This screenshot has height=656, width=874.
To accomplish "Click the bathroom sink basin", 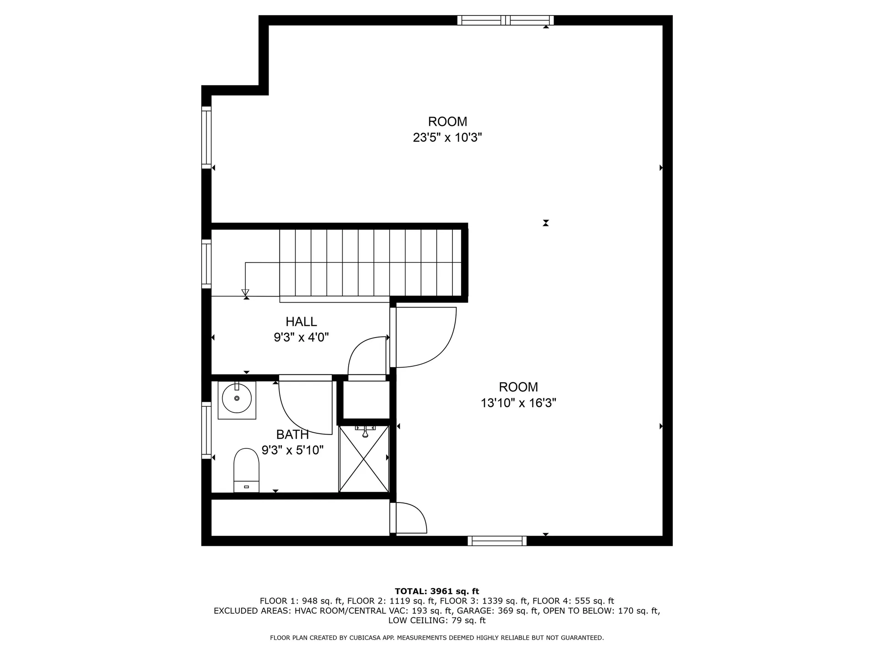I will coord(237,399).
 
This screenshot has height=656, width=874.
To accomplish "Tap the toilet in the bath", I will coord(246,469).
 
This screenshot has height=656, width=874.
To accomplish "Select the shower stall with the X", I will coord(364,459).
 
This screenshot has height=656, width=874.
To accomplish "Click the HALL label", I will coord(301,322).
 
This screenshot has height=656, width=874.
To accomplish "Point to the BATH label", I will coord(292,434).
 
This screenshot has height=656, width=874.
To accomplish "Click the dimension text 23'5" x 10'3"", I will coord(447,138).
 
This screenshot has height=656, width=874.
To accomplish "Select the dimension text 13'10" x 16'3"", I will coord(518,403).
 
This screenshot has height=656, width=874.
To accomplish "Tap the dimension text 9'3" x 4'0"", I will coord(301,338).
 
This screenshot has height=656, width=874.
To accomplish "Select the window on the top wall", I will coord(505,20).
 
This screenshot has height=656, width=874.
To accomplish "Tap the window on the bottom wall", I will coord(497,541).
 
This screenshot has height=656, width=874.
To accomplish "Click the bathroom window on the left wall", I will coord(206,430).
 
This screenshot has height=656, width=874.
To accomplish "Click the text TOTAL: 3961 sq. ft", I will coord(437,591).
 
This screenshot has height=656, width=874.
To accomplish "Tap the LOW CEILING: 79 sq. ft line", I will coord(437,620).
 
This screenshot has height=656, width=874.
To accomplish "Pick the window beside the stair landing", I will coord(206,264).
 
